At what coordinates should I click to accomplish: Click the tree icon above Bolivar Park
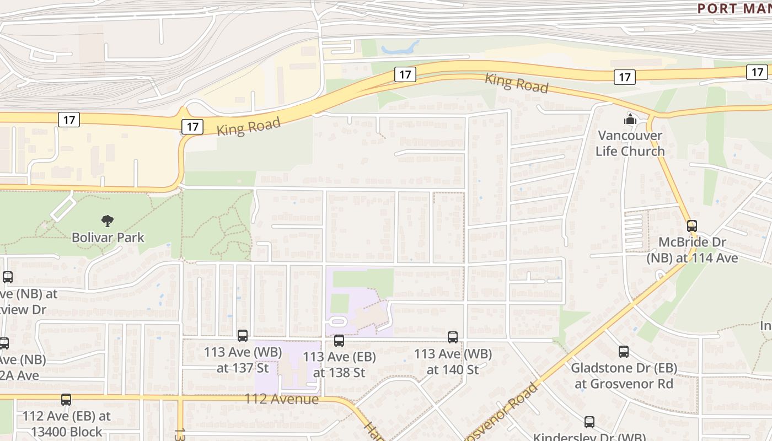point(108,221)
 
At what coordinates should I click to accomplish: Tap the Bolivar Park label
point(108,238)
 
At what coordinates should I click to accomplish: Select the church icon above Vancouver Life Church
point(630,119)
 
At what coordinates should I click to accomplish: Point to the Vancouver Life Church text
point(630,143)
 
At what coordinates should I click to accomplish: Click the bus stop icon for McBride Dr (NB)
point(691,225)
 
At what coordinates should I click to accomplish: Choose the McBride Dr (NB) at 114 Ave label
point(692,250)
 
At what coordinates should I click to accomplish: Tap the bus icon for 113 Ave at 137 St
point(243,335)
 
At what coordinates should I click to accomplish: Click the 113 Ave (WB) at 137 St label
point(243,360)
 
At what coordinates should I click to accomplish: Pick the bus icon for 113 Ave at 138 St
point(339,341)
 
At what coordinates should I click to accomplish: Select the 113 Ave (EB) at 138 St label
point(339,364)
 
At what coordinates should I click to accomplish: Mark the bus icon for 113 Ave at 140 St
point(453,337)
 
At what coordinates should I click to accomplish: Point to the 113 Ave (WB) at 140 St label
point(453,362)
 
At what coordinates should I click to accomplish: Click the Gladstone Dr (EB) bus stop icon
point(624,351)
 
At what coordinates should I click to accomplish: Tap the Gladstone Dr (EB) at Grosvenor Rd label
point(624,375)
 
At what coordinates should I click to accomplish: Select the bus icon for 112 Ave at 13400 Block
point(66,399)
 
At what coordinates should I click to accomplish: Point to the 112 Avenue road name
point(281,399)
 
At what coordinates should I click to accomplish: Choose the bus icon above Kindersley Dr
point(589,422)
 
